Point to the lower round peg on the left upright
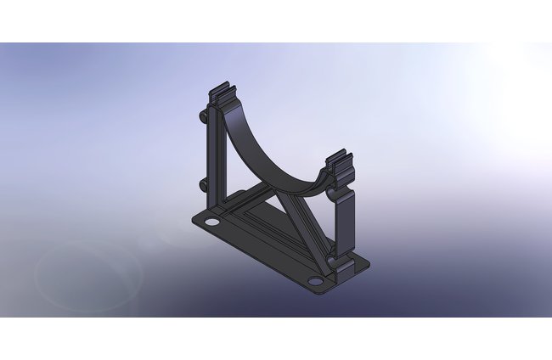coord(203,184)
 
